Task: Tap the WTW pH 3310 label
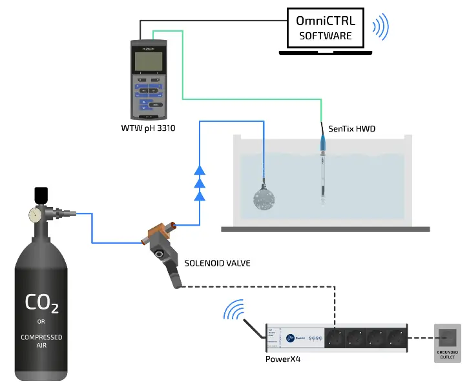coord(149,128)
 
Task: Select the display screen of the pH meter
coord(148,63)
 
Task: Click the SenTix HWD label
coord(352,129)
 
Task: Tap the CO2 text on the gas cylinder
coord(41,302)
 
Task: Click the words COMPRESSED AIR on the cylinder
coord(41,341)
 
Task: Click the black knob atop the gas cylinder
coord(41,193)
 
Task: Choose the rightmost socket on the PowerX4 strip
coord(394,337)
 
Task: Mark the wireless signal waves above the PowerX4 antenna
coord(234,311)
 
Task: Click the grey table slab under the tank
coord(325,228)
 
